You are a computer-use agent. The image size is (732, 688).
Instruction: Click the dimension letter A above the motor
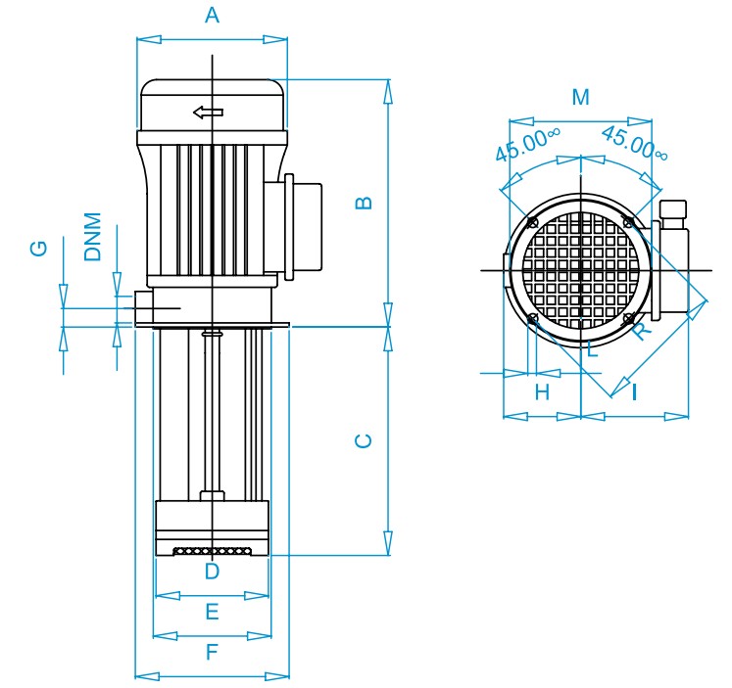coord(212,16)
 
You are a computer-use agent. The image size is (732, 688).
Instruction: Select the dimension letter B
coord(365,203)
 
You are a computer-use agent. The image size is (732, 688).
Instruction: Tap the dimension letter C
coord(364,441)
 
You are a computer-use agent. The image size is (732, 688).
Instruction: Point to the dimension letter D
coord(212,571)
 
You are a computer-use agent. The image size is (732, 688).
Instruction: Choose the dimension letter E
coord(212,611)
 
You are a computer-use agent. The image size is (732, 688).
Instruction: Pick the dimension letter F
coord(212,652)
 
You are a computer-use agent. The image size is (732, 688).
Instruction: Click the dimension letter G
coord(39,249)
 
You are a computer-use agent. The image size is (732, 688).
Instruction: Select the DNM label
coord(92,237)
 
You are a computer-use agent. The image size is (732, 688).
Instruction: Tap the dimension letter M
coord(581,98)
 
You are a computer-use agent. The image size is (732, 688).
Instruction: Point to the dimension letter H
coord(542,392)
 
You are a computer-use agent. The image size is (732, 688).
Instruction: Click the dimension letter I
coord(634,392)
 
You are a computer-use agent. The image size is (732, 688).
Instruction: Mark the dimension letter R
coord(642,331)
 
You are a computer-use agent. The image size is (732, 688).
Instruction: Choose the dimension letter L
coord(592,349)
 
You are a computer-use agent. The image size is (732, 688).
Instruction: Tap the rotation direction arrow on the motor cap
coord(208,113)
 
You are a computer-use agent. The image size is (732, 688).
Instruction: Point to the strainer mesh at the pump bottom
coord(213,551)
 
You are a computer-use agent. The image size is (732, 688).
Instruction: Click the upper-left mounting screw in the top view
coord(533,222)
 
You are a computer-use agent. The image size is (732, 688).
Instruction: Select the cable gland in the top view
coord(672,214)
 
